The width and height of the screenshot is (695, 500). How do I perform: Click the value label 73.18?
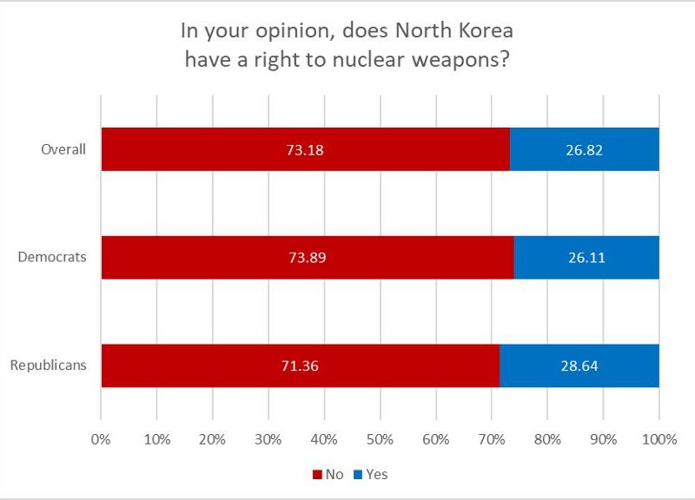coord(305,149)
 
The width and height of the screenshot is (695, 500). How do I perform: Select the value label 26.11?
coord(586,258)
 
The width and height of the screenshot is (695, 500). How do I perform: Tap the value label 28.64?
coord(579,365)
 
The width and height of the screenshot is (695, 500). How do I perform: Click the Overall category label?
coord(64,149)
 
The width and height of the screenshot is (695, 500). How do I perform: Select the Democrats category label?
coord(54,258)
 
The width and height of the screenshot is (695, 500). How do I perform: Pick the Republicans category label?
coord(49,365)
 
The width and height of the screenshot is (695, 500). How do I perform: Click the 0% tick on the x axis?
coord(101,439)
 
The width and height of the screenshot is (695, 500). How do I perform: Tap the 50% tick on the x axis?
coord(380,439)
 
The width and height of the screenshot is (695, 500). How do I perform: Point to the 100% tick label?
coord(659,439)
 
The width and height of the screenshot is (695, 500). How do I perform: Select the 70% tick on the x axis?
coord(492,439)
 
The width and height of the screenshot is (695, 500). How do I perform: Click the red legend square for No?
coord(316,475)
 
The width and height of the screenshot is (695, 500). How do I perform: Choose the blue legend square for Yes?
coord(356,475)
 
